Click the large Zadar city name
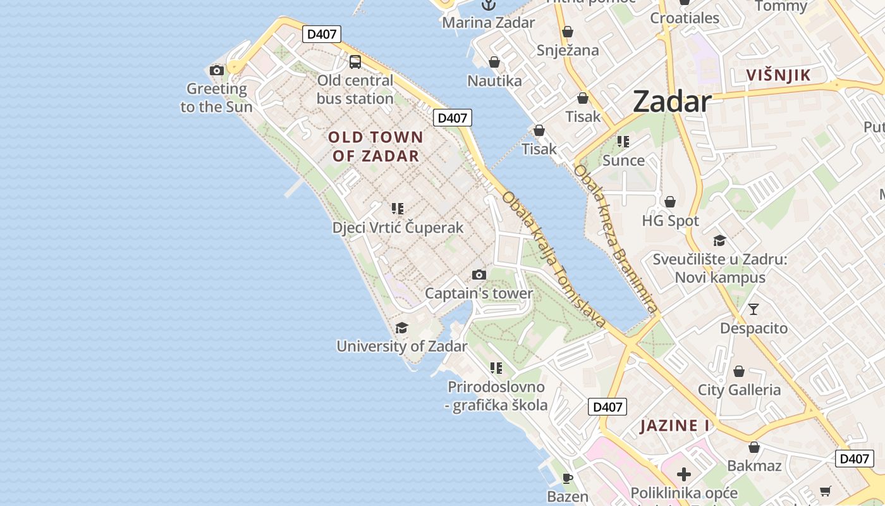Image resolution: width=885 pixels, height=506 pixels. click(x=671, y=101)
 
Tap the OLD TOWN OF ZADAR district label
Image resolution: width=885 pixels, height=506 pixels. click(x=375, y=146)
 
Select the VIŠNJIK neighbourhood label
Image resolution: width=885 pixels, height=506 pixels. click(x=778, y=75)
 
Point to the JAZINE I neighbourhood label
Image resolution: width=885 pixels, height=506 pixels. click(x=674, y=426)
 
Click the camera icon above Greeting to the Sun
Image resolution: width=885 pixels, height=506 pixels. click(x=217, y=70)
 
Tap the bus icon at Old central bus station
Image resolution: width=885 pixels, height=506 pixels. click(x=355, y=62)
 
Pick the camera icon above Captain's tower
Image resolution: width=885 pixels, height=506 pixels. click(x=479, y=275)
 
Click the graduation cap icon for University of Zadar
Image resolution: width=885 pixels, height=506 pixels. click(x=401, y=328)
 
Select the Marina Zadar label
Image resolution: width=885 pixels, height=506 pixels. click(x=488, y=23)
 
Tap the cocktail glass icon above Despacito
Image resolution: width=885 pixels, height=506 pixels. click(x=754, y=309)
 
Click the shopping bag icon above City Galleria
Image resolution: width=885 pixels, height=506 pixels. click(x=739, y=371)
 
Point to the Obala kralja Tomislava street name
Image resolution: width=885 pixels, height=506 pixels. click(x=554, y=259)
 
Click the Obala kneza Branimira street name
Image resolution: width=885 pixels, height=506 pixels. click(x=616, y=238)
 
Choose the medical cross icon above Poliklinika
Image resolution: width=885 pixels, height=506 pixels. click(x=683, y=474)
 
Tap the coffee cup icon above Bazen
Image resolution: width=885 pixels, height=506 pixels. click(x=568, y=478)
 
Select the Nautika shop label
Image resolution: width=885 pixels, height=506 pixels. click(x=494, y=81)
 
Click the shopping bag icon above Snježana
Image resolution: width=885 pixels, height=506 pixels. click(x=568, y=32)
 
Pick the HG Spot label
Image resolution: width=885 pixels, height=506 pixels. click(x=670, y=221)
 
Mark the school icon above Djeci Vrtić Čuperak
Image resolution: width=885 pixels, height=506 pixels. click(x=398, y=208)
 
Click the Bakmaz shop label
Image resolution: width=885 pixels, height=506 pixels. click(x=754, y=466)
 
